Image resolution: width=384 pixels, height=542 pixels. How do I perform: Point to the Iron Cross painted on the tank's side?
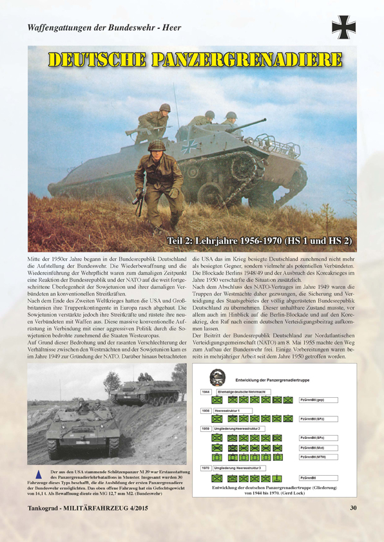click(x=189, y=145)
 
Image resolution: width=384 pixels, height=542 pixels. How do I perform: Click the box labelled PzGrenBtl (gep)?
click(x=320, y=400)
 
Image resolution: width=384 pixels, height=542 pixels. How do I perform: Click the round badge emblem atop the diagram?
click(x=218, y=377)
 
